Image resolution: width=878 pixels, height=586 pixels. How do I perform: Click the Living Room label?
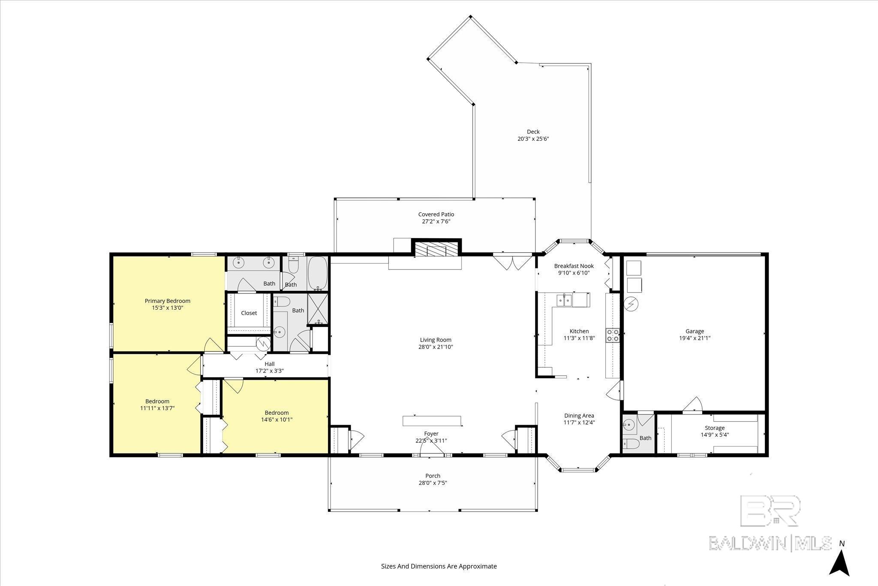436,340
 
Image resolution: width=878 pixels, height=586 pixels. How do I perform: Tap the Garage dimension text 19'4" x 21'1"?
695,338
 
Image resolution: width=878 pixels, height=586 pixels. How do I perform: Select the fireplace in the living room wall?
436,248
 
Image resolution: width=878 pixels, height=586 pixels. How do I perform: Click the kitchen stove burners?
612,335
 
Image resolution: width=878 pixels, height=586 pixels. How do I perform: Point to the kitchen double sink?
565,300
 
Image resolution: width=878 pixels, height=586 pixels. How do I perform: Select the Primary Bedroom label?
167,301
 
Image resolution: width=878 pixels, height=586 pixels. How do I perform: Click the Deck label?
533,132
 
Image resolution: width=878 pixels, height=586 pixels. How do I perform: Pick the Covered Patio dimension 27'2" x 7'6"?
436,221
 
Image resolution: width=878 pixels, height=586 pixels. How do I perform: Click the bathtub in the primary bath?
317,273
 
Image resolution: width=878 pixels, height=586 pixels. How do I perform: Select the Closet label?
249,313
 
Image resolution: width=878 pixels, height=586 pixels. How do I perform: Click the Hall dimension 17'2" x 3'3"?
269,371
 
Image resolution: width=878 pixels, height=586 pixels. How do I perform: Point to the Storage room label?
715,428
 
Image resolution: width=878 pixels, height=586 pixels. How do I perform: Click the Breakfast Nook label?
574,266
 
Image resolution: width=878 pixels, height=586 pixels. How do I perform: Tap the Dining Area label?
579,415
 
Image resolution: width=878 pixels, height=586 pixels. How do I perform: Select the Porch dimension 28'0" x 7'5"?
433,483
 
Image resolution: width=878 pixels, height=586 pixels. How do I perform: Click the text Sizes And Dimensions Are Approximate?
439,566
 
